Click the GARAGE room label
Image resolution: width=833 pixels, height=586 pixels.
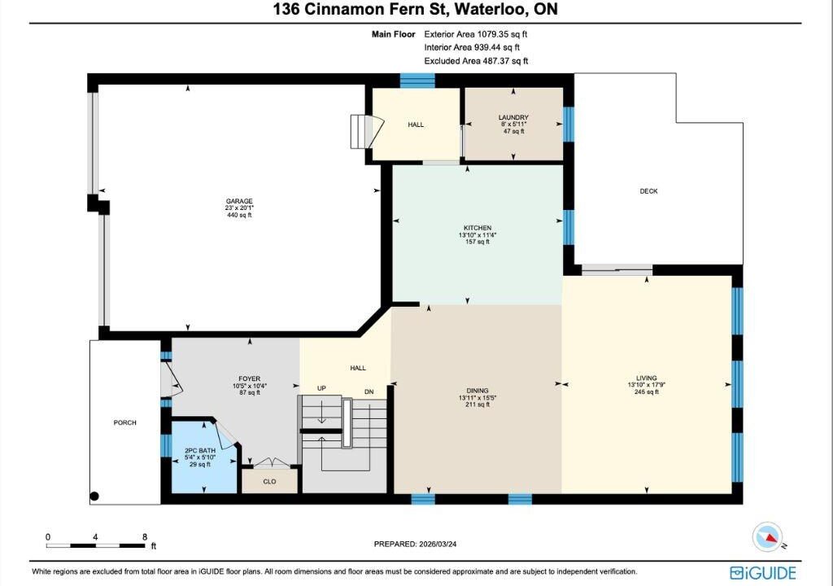click(239, 201)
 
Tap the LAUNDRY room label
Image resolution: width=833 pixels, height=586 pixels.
click(513, 117)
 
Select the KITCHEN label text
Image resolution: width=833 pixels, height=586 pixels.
click(478, 228)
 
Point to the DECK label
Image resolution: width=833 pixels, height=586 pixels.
click(648, 191)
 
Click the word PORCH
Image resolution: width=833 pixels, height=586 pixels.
click(124, 422)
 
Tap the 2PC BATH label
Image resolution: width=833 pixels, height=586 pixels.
click(200, 450)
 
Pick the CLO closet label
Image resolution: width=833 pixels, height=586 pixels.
click(269, 481)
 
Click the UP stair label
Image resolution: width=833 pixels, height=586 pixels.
click(321, 388)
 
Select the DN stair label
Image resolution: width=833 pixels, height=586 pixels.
click(369, 391)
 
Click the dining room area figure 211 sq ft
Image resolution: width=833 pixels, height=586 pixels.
click(478, 405)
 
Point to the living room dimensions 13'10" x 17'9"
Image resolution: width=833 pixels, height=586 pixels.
click(647, 385)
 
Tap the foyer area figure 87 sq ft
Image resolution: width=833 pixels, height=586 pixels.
click(250, 392)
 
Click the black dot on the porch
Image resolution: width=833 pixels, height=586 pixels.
click(94, 496)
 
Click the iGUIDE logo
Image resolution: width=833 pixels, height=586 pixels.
click(763, 573)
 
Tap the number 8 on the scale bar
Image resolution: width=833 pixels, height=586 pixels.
click(145, 537)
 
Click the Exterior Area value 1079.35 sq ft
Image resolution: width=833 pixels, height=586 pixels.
click(502, 34)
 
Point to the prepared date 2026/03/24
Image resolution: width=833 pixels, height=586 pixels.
click(438, 544)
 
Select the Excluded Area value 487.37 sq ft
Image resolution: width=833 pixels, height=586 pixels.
click(505, 60)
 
